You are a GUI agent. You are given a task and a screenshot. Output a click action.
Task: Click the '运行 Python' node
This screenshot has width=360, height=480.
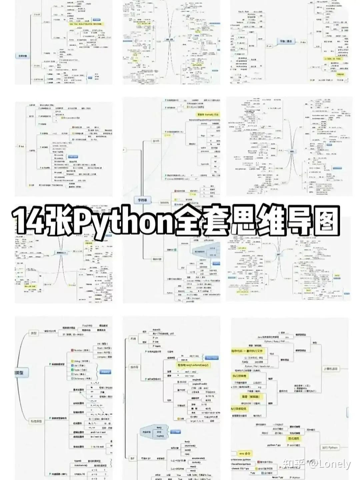point(330,448)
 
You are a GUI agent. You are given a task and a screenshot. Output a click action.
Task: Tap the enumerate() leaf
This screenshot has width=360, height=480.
point(198,458)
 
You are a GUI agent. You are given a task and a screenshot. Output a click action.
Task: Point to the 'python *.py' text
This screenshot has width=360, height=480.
point(274,445)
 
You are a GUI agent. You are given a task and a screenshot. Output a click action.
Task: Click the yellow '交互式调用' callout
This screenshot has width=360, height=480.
point(294,438)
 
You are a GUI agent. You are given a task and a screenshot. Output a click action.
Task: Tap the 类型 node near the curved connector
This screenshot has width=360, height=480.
point(34,333)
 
